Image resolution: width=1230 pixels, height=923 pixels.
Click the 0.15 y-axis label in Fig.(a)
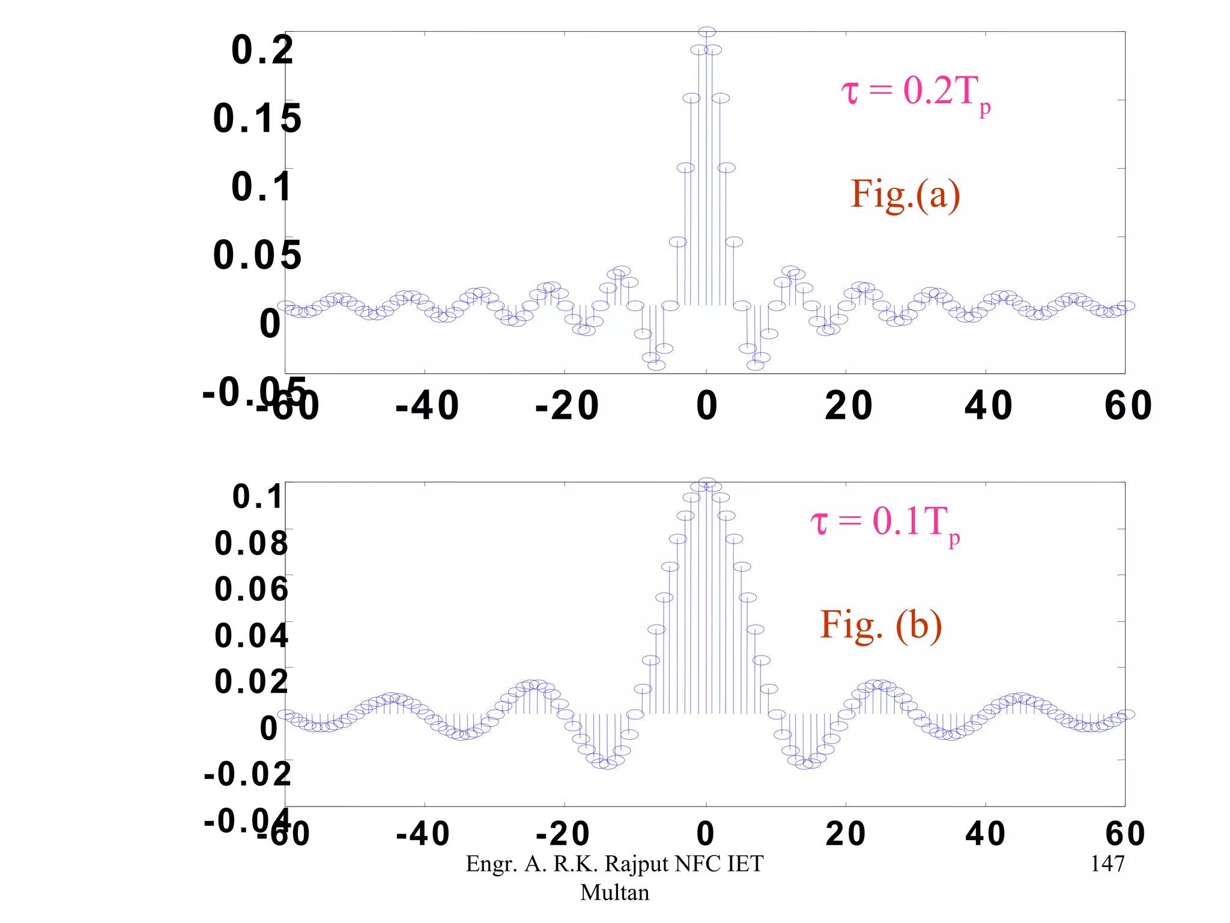[x=257, y=118]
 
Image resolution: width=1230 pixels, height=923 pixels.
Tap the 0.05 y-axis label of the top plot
[x=257, y=255]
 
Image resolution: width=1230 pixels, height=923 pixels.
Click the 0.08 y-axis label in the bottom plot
[x=252, y=543]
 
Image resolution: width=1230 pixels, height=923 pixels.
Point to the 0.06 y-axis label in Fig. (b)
[x=252, y=589]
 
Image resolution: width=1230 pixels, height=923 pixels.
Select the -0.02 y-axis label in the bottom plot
[x=247, y=774]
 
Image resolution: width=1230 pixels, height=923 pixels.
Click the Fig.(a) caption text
[x=905, y=195]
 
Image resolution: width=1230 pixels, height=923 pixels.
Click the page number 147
[x=1107, y=864]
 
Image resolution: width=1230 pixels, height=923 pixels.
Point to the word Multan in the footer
[x=614, y=892]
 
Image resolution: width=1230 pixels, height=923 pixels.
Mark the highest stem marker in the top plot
[x=707, y=32]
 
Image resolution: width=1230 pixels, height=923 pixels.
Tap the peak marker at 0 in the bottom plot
[x=707, y=483]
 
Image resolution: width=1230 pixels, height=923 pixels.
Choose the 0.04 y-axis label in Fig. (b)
[x=252, y=636]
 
